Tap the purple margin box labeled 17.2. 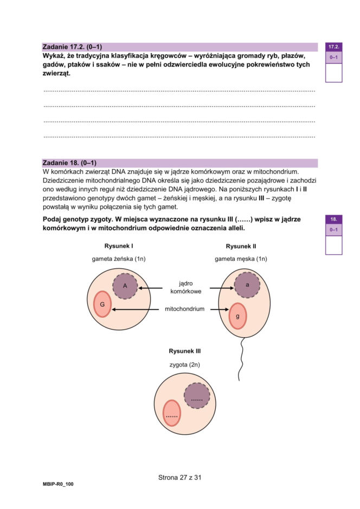tap(333, 48)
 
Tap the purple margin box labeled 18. tap(333, 220)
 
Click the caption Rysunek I tap(119, 246)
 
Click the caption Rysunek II tap(241, 246)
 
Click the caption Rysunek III tap(185, 351)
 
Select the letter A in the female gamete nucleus tap(125, 286)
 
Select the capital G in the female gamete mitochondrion tap(102, 305)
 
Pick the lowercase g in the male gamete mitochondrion tap(237, 315)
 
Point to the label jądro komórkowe tap(186, 287)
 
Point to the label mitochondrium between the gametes tap(185, 309)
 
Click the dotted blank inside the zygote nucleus tap(196, 400)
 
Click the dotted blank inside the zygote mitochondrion tap(172, 416)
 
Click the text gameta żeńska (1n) tap(119, 259)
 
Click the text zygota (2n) tap(185, 365)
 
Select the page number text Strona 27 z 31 tap(180, 478)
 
